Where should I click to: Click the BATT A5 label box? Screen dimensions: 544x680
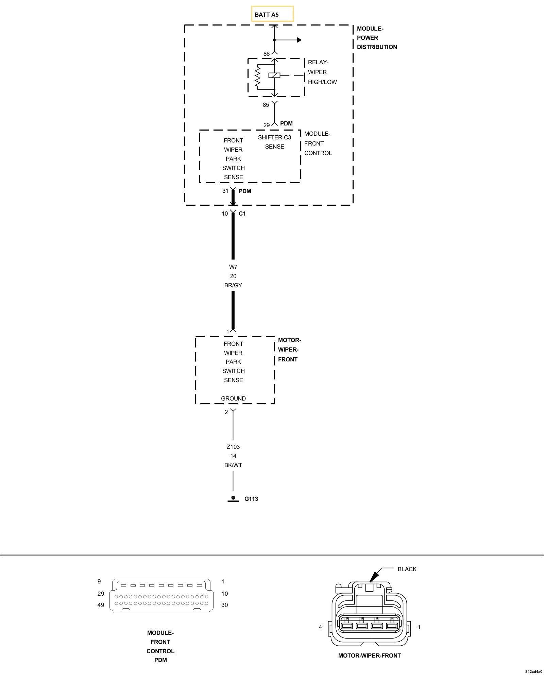tap(272, 14)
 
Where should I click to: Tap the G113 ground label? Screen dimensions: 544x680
tap(251, 499)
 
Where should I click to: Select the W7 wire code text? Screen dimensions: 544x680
tap(233, 267)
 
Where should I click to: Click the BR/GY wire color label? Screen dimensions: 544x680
tap(233, 285)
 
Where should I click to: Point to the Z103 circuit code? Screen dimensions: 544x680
tap(233, 447)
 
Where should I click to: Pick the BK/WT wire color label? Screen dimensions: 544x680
tap(233, 465)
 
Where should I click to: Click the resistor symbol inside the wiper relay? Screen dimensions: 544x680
tap(258, 77)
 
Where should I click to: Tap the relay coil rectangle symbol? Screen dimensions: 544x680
tap(274, 75)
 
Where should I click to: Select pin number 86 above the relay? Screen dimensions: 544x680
tap(267, 54)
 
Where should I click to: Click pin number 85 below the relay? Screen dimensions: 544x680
tap(266, 105)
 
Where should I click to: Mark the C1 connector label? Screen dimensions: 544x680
tap(242, 214)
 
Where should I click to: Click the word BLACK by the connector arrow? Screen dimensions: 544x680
tap(407, 569)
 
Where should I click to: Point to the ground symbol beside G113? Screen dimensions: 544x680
tap(233, 499)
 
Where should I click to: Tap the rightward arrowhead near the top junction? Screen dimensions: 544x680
tap(299, 40)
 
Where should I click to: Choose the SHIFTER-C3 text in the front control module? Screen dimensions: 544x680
tap(274, 137)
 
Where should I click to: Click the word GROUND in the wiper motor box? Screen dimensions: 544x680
tap(233, 398)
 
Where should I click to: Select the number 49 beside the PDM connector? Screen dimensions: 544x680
tap(101, 605)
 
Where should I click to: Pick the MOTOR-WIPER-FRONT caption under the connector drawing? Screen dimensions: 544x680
tap(370, 656)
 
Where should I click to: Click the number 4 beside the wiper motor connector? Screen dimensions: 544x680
tap(320, 627)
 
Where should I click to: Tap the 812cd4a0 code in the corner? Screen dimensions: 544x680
tap(533, 671)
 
